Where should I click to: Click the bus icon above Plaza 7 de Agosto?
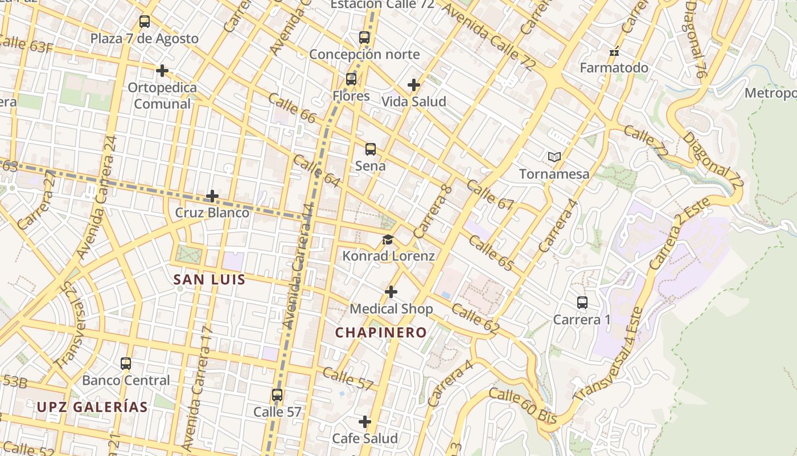(145, 22)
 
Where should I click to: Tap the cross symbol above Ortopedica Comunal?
(162, 71)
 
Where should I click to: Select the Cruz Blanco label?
(212, 213)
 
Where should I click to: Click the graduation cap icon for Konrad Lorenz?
(388, 239)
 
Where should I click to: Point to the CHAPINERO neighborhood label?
(381, 332)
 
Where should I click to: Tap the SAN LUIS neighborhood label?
(209, 279)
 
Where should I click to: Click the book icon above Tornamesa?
(554, 157)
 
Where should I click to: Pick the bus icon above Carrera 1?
(582, 303)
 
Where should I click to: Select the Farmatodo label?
(614, 68)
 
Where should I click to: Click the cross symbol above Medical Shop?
(391, 292)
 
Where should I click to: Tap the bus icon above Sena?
(371, 149)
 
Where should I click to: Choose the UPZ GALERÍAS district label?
(92, 407)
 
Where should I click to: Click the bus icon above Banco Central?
(126, 363)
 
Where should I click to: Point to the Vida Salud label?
(413, 101)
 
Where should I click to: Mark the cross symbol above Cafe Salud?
(365, 422)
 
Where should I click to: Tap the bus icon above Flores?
(351, 79)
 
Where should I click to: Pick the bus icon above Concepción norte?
(364, 38)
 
